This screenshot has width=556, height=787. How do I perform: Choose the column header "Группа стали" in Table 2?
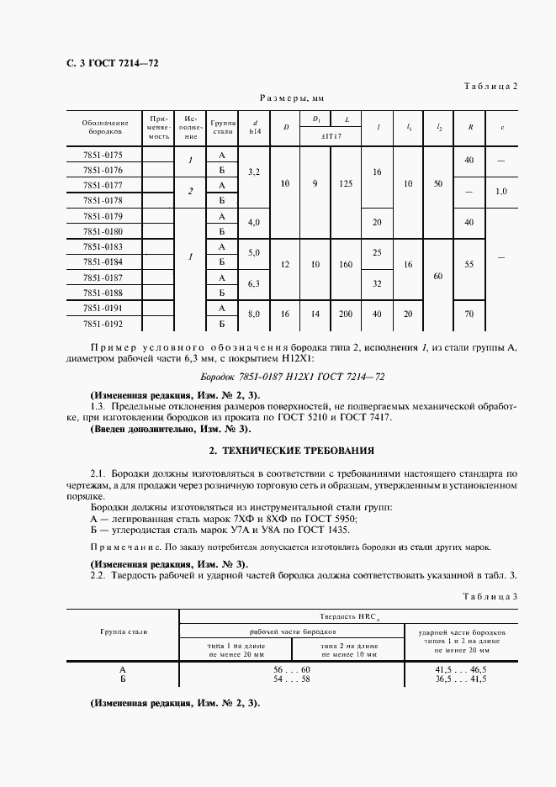(x=222, y=127)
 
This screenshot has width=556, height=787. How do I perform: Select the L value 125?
(x=346, y=183)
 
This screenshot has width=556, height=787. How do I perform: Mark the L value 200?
(x=346, y=314)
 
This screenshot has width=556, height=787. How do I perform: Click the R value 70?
(x=469, y=314)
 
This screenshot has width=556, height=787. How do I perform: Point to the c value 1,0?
(x=501, y=192)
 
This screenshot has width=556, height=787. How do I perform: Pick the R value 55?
(x=469, y=263)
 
